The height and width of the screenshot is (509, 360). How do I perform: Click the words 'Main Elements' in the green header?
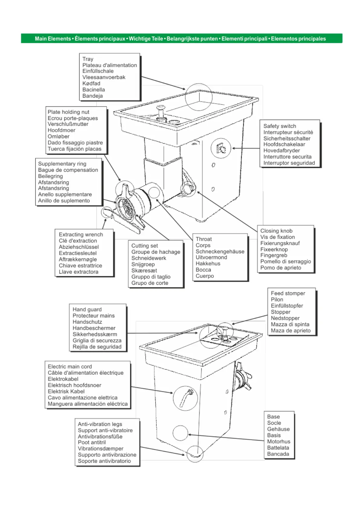tap(53, 39)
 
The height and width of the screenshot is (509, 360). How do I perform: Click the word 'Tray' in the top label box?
tap(88, 59)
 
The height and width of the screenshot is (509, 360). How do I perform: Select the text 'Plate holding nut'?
tap(68, 112)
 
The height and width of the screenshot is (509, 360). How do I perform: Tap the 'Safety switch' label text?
tap(280, 126)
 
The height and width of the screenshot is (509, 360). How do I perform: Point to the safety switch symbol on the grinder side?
tap(221, 148)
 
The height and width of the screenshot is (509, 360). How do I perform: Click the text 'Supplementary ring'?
tap(62, 164)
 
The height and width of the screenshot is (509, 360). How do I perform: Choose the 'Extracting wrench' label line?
tap(81, 234)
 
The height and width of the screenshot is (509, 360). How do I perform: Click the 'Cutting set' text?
tap(144, 246)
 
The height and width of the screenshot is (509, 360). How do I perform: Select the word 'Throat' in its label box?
tap(203, 239)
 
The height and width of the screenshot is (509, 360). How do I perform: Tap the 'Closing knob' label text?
tap(276, 231)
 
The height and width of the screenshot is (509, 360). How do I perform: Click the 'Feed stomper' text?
tap(288, 293)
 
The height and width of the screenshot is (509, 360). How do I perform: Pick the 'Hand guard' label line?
tap(87, 309)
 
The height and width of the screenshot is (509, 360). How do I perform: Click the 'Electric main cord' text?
tap(70, 366)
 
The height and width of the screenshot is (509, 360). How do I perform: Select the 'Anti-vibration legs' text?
tap(100, 424)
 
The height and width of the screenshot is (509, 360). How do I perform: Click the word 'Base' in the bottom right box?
tap(273, 417)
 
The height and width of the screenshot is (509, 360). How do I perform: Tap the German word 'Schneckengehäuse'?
tap(220, 251)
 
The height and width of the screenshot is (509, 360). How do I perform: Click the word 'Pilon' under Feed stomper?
tap(277, 300)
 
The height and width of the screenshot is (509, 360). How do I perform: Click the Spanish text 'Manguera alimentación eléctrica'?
tap(87, 404)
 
